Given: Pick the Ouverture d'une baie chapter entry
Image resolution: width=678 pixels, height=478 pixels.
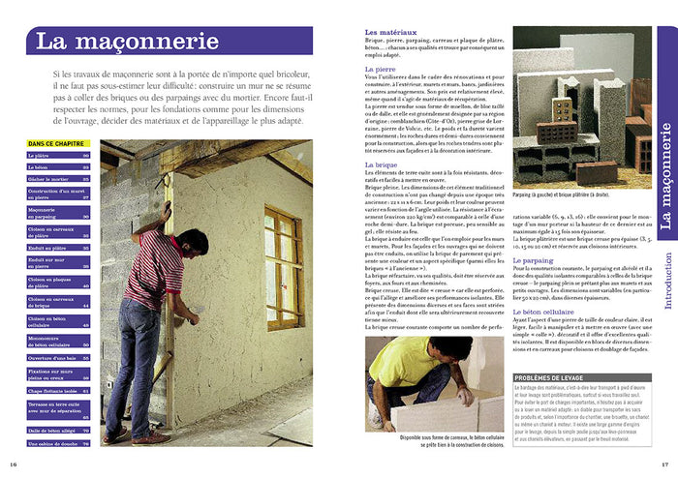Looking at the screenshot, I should coord(49,358).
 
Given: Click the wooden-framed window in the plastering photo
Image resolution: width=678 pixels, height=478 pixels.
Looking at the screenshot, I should coord(283,267).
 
